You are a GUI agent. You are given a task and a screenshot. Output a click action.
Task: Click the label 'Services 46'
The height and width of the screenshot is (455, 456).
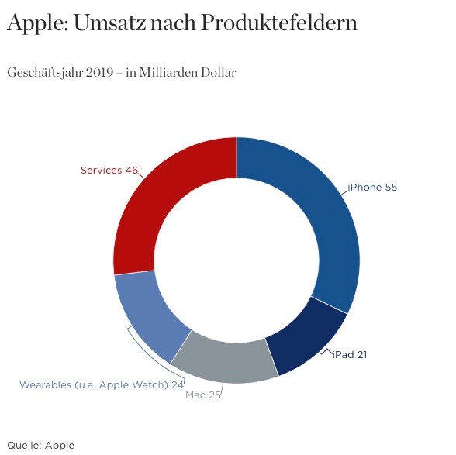point(109,170)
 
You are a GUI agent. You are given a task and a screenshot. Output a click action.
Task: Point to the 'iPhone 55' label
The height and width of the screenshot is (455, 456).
point(372,188)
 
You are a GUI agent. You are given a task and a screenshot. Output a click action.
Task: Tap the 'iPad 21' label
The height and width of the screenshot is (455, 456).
point(350,355)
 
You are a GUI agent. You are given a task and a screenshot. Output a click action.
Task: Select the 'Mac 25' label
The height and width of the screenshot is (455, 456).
point(203,395)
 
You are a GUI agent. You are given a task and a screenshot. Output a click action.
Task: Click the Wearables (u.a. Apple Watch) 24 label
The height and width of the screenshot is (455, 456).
point(102,385)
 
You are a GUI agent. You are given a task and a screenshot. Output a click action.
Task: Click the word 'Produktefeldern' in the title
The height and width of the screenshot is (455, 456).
point(278,22)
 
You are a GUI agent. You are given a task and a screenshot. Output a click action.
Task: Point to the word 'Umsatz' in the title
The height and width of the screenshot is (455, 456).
point(110,22)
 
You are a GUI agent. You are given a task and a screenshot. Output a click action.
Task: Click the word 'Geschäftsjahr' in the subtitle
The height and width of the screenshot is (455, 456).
point(45,73)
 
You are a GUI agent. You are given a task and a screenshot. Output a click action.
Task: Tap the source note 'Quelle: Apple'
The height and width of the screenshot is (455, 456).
point(40,446)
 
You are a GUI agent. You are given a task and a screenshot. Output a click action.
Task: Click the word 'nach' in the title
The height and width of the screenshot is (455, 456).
point(173,23)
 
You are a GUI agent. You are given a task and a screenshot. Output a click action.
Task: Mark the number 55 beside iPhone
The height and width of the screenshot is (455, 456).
point(391,188)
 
